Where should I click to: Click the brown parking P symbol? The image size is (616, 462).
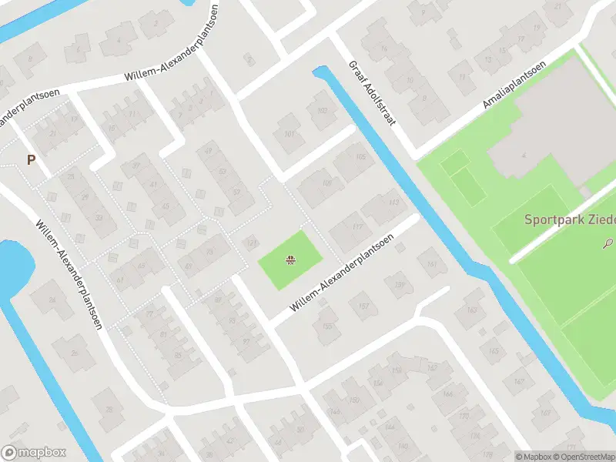[32, 160]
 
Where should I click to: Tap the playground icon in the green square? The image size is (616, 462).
[290, 260]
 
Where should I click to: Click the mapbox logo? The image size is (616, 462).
[34, 453]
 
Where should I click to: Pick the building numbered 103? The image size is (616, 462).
[322, 110]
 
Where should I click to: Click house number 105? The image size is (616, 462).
[362, 157]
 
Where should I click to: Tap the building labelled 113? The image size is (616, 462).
[395, 203]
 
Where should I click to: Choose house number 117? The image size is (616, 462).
[357, 226]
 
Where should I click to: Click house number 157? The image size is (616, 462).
[363, 306]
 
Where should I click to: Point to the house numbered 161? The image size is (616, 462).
[431, 265]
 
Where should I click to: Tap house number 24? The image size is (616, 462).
[53, 300]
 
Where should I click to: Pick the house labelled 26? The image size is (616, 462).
[75, 353]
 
